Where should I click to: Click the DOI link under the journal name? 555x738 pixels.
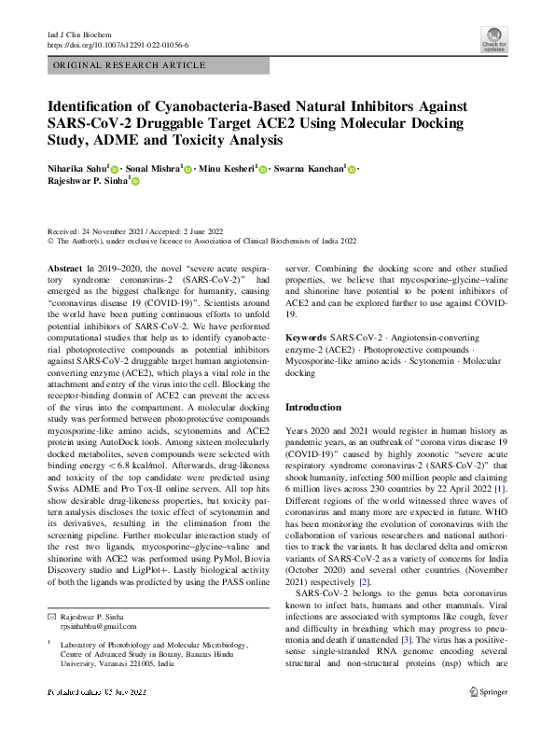(x=117, y=45)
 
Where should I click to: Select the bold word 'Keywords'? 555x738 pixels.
(x=305, y=336)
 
